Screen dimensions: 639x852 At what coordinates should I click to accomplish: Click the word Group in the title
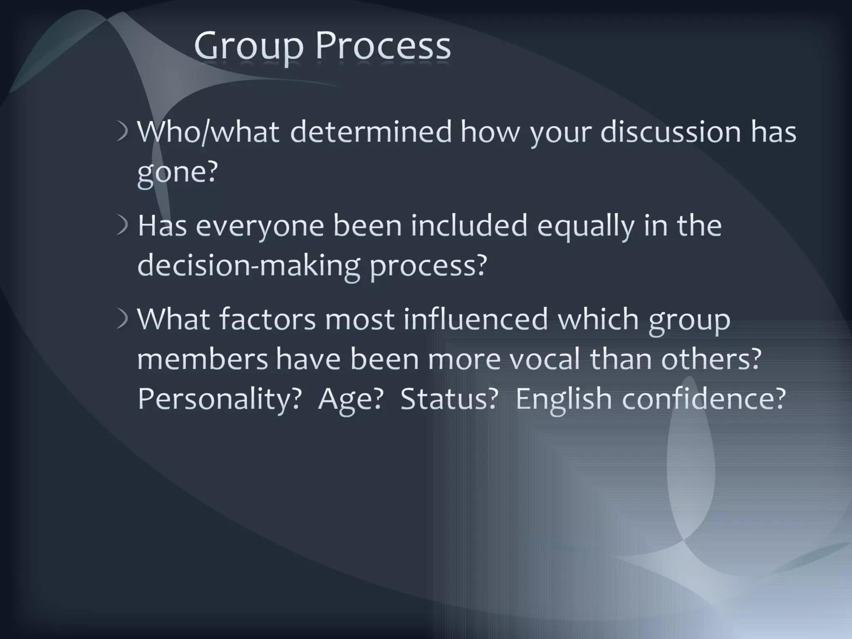point(248,47)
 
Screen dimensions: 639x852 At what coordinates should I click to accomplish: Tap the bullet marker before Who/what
point(122,131)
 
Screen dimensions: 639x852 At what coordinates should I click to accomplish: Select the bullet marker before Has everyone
point(122,225)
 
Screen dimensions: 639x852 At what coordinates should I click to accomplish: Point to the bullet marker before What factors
point(122,319)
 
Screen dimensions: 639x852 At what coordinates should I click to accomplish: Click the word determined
point(371,132)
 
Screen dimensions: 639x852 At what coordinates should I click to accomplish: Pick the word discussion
point(670,132)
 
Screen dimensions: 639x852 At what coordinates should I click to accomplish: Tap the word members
point(202,359)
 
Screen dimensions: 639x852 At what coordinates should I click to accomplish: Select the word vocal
point(545,359)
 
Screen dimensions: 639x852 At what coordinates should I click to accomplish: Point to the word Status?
point(449,399)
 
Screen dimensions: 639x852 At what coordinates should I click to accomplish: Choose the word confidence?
point(704,399)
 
